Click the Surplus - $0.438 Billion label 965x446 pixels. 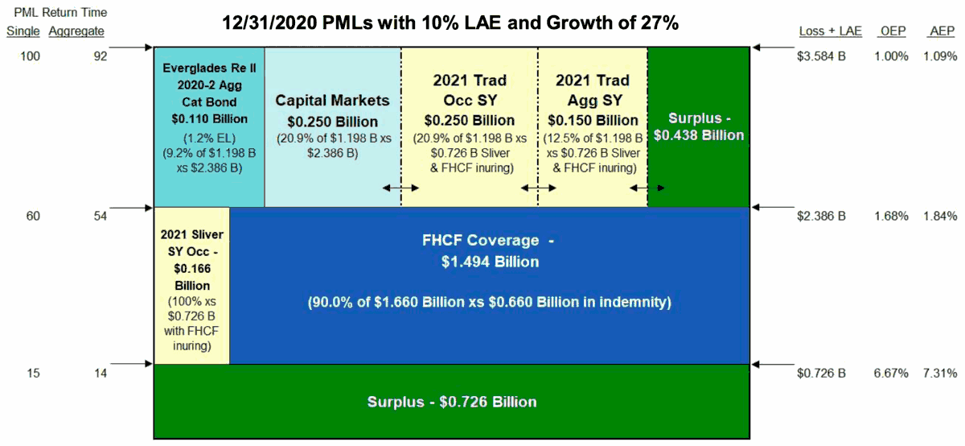(698, 127)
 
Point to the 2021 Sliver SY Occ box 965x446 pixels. (191, 286)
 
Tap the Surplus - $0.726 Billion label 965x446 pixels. (451, 401)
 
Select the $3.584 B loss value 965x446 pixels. (821, 56)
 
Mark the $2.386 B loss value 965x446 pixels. (821, 216)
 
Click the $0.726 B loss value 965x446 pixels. (821, 374)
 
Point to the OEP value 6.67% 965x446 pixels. (892, 374)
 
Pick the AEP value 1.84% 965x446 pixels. (940, 216)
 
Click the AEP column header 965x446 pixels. (940, 31)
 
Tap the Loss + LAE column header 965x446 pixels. (830, 31)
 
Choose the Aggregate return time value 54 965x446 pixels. (100, 216)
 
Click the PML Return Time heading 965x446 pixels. (56, 13)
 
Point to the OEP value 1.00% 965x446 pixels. (892, 56)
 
